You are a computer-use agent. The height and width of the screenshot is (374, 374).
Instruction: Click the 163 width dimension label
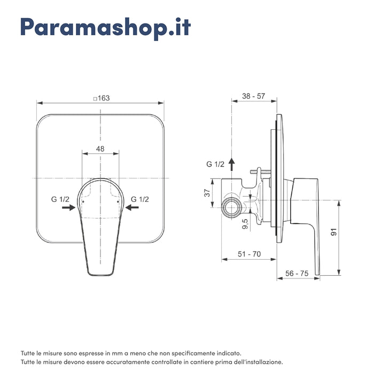(x=101, y=98)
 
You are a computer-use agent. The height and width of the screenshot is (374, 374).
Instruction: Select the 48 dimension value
(x=100, y=149)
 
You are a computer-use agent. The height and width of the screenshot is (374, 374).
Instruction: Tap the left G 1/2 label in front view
(x=60, y=199)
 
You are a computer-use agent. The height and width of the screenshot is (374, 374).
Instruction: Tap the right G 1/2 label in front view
(x=139, y=199)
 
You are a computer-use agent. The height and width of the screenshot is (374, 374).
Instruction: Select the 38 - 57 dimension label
(x=253, y=96)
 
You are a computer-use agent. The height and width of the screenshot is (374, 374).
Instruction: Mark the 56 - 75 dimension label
(x=297, y=272)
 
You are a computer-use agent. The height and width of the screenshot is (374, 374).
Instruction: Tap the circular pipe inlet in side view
(x=231, y=207)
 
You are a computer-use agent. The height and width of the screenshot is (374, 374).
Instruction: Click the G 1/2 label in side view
(x=215, y=164)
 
